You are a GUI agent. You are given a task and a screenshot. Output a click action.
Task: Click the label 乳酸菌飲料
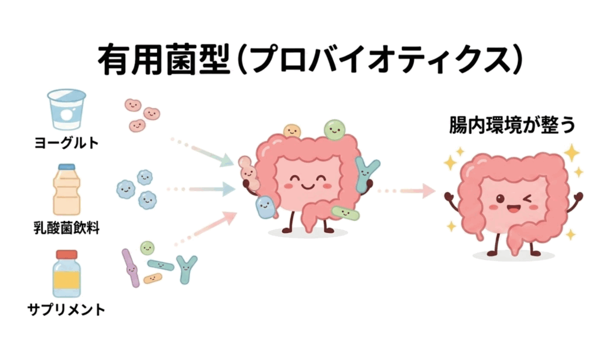point(66,228)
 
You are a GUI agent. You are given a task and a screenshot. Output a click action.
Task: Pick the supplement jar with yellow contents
point(66,274)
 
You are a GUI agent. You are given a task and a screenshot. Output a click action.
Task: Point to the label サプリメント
point(66,311)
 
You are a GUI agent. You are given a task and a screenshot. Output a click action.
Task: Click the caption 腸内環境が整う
point(513,126)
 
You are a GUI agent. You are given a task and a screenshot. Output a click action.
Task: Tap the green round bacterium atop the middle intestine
point(334,129)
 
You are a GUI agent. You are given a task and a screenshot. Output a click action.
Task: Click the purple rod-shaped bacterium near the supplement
point(131,268)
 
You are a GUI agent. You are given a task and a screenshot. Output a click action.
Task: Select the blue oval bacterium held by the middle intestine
point(265,207)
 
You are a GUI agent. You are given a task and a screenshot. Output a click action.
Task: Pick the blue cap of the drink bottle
point(66,167)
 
